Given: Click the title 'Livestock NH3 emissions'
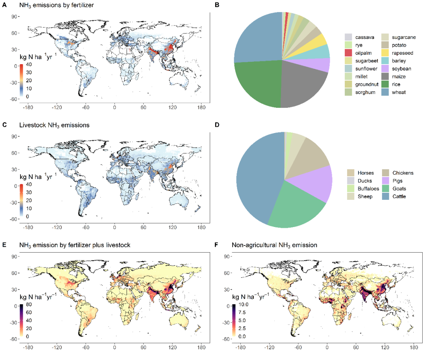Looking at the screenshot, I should point(54,126).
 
